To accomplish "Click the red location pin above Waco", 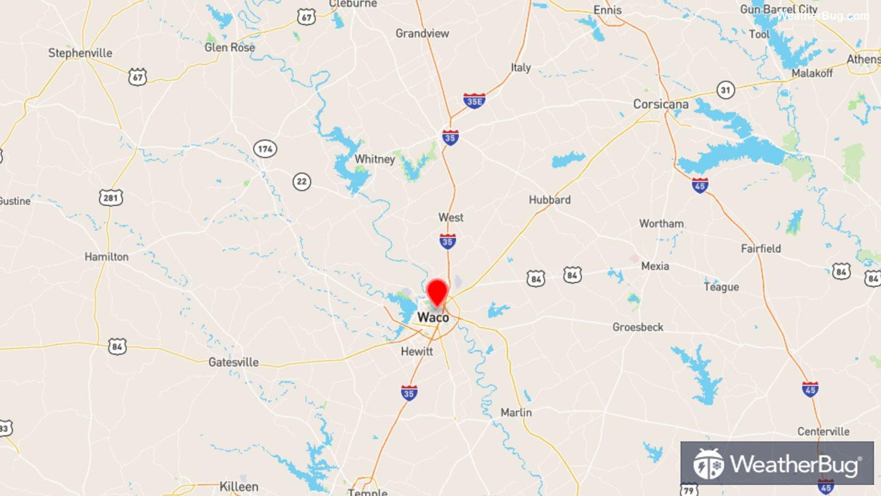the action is point(437,291).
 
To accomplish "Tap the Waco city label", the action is point(433,317).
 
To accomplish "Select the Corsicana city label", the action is point(661,104).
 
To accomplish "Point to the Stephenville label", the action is point(80,53).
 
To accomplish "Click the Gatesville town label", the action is point(233,362).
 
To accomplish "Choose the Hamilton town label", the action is point(106,257).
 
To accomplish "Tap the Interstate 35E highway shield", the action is point(474,101).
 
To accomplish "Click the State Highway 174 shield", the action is point(265,149).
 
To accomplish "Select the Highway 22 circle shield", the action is point(301,182).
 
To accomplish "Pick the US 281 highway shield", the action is point(110,197).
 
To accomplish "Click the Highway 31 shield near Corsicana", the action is point(726,90).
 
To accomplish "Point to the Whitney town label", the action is point(374,159).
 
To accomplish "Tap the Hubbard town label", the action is point(549,200).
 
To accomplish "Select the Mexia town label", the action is point(655,266).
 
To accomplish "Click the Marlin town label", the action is point(516,413).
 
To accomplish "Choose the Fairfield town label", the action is point(761,249).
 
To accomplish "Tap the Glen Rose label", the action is point(230,48).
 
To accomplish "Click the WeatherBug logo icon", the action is point(708,464).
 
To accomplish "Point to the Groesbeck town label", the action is point(638,327).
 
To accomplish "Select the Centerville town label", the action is point(823,431).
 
